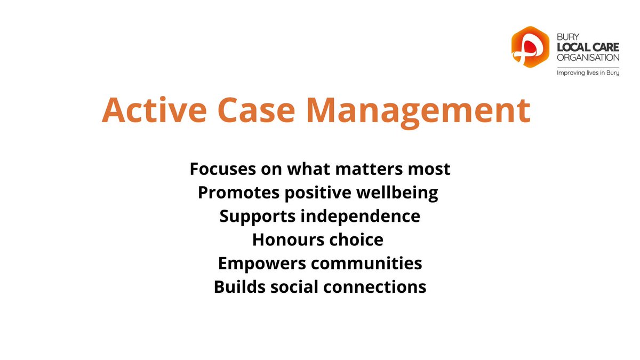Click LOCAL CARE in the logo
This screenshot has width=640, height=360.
[x=587, y=49]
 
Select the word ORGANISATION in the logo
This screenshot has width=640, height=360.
[x=587, y=58]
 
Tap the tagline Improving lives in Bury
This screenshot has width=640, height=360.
[x=587, y=73]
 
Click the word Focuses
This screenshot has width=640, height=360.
[x=220, y=169]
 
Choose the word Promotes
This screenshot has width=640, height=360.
[x=233, y=193]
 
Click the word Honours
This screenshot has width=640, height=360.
[x=283, y=239]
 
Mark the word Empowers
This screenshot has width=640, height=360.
[x=252, y=263]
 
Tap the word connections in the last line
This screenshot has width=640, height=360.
[x=376, y=286]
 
